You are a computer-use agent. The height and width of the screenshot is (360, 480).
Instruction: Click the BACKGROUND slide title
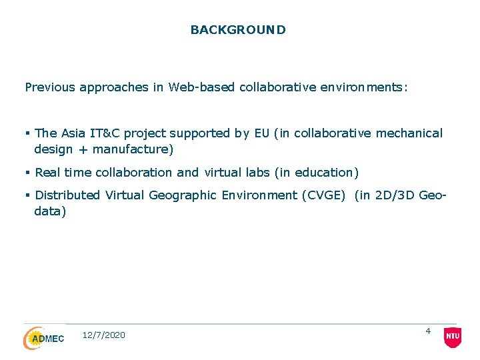pyautogui.click(x=238, y=30)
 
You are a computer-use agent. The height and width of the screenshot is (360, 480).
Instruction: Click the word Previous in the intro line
pyautogui.click(x=50, y=87)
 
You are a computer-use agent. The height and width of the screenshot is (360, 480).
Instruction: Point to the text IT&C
pyautogui.click(x=105, y=133)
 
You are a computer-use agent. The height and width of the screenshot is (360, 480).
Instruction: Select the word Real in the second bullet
pyautogui.click(x=47, y=173)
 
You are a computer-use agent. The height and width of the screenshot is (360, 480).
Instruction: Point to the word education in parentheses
pyautogui.click(x=325, y=173)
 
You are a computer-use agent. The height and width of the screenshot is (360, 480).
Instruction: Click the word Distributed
pyautogui.click(x=67, y=195)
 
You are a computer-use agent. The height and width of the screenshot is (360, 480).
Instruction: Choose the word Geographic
pyautogui.click(x=183, y=195)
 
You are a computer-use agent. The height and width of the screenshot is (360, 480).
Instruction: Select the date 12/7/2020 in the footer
pyautogui.click(x=103, y=335)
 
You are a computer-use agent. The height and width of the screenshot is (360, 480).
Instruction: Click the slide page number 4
pyautogui.click(x=428, y=331)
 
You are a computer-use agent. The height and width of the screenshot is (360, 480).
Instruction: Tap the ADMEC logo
pyautogui.click(x=44, y=338)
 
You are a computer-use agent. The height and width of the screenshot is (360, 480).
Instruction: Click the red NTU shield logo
pyautogui.click(x=452, y=337)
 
